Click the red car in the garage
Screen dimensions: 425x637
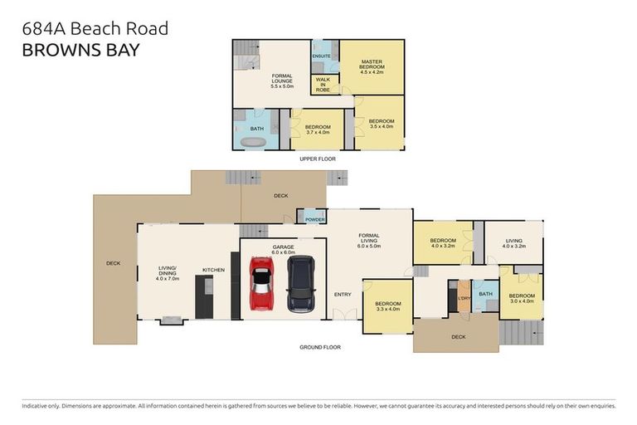[x=261, y=283]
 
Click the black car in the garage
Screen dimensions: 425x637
[x=299, y=283]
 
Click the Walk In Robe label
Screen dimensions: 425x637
[x=323, y=84]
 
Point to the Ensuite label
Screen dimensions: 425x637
[x=322, y=56]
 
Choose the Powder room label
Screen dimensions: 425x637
[x=315, y=219]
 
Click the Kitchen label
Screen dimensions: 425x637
[x=213, y=270]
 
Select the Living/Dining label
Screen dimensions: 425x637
[x=168, y=271]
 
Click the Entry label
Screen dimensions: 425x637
[x=343, y=294]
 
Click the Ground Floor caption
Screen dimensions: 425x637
[x=319, y=347]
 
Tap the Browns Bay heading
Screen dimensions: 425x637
[x=80, y=49]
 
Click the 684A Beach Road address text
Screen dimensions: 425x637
[x=95, y=28]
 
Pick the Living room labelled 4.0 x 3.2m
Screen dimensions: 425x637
[x=514, y=243]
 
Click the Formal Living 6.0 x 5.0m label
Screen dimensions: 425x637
[x=368, y=242]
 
